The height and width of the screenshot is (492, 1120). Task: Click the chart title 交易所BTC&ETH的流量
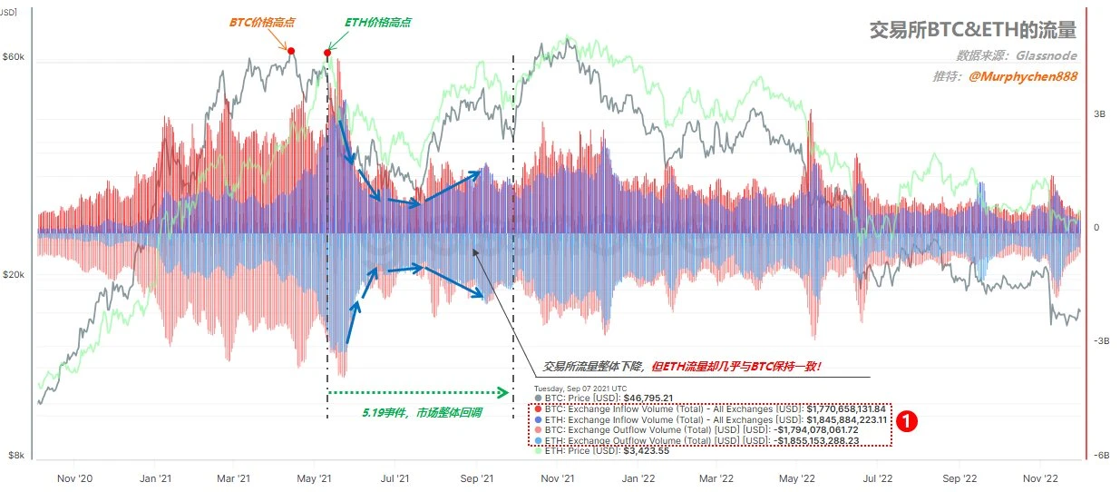point(972,32)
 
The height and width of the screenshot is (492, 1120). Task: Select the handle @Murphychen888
point(1023,77)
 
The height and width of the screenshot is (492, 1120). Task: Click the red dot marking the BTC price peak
point(291,51)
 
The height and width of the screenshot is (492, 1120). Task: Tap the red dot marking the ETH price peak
point(326,53)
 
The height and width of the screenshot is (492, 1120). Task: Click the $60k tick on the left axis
point(14,57)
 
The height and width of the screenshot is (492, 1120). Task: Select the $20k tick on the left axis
point(14,275)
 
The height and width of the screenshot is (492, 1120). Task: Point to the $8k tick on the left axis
point(15,455)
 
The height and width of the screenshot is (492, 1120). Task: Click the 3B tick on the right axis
point(1099,114)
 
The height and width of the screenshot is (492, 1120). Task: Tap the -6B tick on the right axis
point(1100,456)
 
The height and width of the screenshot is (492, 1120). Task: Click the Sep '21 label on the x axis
point(476,477)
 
